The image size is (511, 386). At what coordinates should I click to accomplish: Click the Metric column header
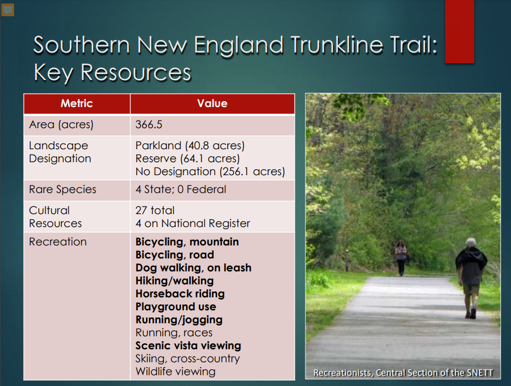[x=77, y=104]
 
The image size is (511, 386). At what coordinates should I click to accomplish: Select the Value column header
[x=212, y=104]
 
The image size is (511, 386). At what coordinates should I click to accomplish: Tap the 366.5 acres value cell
[x=149, y=124]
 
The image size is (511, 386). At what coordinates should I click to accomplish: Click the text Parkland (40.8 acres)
[x=190, y=145]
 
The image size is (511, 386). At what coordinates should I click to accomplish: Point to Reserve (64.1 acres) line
[x=188, y=158]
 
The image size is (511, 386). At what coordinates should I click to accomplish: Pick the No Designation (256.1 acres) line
[x=210, y=171]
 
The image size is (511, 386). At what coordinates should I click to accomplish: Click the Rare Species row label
[x=63, y=190]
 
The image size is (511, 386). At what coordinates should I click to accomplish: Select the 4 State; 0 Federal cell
[x=181, y=189]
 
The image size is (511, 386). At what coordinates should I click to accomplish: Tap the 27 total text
[x=155, y=210]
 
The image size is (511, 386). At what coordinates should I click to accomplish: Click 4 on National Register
[x=193, y=223]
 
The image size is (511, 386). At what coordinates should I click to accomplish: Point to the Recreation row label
[x=58, y=242]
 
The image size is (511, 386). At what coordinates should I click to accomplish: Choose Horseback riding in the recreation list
[x=180, y=294]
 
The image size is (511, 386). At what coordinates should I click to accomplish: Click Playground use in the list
[x=176, y=307]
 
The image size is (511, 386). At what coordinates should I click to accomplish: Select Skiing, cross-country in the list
[x=188, y=358]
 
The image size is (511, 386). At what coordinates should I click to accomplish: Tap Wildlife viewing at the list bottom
[x=175, y=371]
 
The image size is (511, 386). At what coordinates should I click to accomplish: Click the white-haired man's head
[x=471, y=243]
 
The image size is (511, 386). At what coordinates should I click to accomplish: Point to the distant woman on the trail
[x=401, y=258]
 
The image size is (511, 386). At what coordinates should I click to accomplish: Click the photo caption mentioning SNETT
[x=403, y=372]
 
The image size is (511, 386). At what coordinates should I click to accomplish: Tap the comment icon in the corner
[x=8, y=10]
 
